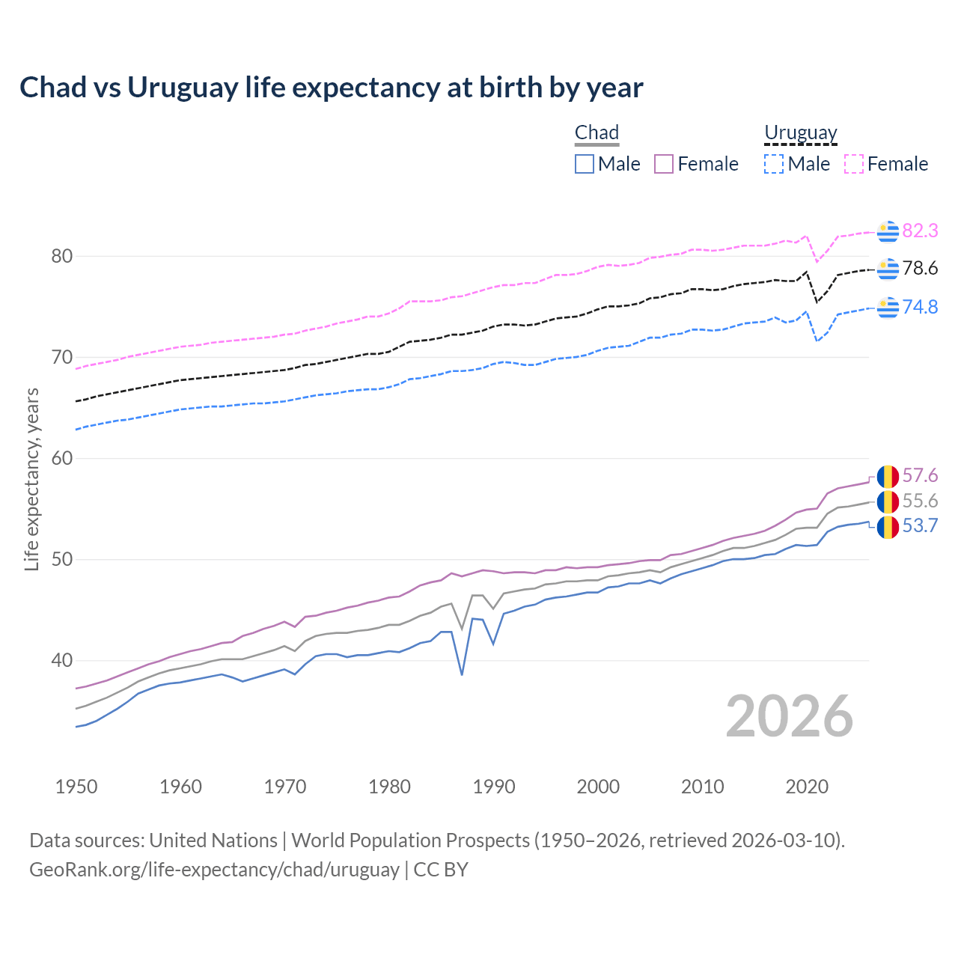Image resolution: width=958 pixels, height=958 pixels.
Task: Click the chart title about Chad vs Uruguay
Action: [x=331, y=88]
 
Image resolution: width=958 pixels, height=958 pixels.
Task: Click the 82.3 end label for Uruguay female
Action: [x=920, y=231]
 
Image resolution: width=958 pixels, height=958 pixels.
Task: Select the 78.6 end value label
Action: [x=920, y=268]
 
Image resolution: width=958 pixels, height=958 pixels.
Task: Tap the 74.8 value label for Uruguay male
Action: [x=920, y=307]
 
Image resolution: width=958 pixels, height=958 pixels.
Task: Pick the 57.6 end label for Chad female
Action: [x=920, y=476]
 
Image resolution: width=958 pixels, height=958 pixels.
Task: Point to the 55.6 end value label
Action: [x=920, y=501]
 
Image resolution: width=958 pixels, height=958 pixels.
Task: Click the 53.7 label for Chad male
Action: [x=920, y=526]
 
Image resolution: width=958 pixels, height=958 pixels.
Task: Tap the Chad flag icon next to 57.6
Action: [x=888, y=477]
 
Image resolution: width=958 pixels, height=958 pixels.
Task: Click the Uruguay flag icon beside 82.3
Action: [x=888, y=232]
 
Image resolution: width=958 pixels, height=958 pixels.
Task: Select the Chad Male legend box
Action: [x=585, y=164]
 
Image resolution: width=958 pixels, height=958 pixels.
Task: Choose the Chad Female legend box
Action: [x=664, y=164]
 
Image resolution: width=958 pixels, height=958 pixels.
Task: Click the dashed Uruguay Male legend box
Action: [x=774, y=164]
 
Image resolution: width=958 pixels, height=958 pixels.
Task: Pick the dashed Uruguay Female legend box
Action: [x=854, y=164]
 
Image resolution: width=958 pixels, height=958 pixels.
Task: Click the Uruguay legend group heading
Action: [x=800, y=132]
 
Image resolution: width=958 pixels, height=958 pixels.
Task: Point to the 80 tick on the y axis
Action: [x=62, y=257]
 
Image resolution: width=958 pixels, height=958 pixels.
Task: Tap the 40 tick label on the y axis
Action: [x=62, y=661]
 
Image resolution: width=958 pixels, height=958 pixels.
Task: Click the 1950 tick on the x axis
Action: [x=76, y=787]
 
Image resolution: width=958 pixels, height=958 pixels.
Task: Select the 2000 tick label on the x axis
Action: [x=598, y=787]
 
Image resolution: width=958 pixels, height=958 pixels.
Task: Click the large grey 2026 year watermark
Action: [x=790, y=716]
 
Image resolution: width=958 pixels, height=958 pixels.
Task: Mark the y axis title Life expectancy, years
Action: [x=32, y=479]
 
